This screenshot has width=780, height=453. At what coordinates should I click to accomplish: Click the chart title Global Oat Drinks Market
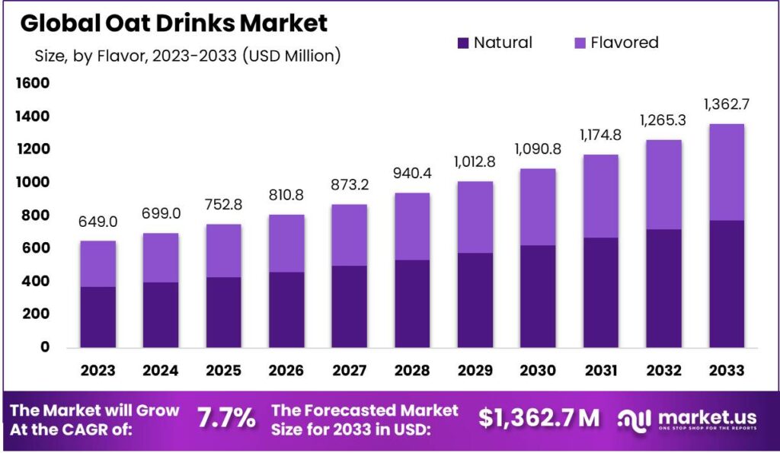tap(174, 23)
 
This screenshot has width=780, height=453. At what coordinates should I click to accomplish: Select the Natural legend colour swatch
tap(463, 43)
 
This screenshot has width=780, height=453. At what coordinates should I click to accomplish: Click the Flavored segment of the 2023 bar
tap(98, 263)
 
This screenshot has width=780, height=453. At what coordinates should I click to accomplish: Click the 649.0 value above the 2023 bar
tap(98, 222)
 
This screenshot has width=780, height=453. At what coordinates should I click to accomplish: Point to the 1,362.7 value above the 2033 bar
tap(724, 104)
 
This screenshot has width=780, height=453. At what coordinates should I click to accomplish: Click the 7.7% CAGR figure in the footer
tap(226, 417)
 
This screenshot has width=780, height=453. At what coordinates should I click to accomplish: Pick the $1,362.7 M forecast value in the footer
tap(539, 417)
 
